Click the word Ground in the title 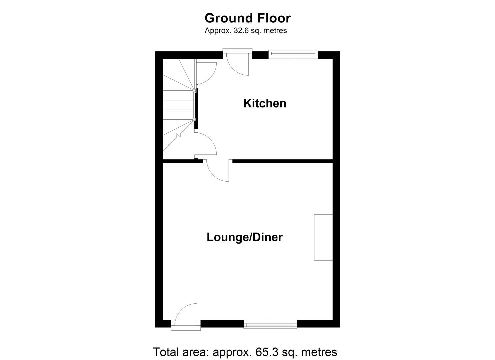224,18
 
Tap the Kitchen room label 265,103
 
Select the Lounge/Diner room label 244,237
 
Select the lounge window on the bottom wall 270,324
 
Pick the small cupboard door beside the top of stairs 205,73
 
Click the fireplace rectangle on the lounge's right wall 323,237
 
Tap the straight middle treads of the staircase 178,105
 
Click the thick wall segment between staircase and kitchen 196,108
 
